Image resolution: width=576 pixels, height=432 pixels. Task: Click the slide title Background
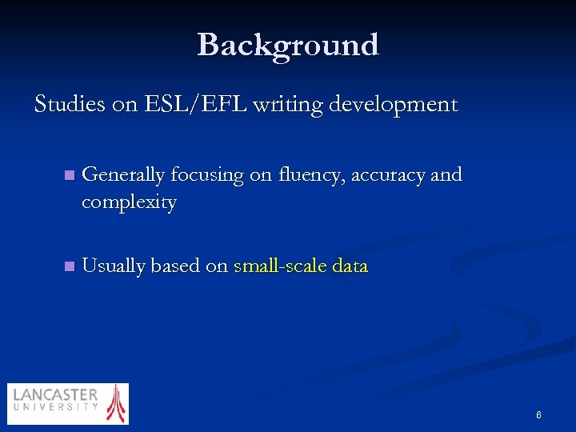[288, 45]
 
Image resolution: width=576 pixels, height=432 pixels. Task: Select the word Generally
[123, 175]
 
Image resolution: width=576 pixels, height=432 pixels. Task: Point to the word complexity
[129, 202]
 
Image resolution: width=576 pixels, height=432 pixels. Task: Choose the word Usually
[114, 266]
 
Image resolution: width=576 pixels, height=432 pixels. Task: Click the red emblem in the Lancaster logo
[117, 403]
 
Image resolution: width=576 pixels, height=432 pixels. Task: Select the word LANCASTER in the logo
[55, 395]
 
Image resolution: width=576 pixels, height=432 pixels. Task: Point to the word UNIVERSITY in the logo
[55, 407]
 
